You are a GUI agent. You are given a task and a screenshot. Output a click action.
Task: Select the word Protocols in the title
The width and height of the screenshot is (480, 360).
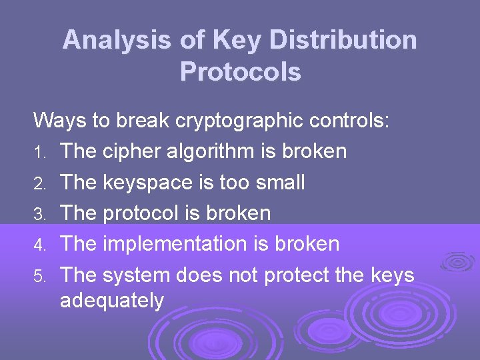[240, 71]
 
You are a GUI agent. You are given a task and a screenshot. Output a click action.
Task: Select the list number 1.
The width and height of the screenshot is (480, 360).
[40, 153]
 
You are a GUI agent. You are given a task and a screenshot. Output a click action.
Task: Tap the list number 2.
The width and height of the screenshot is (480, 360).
[40, 183]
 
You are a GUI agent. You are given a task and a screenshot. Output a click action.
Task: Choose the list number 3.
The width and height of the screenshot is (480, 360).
[40, 214]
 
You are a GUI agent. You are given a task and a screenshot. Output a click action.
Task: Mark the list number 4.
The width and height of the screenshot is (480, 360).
[40, 245]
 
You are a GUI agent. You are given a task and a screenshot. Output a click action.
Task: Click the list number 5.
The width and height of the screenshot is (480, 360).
[40, 275]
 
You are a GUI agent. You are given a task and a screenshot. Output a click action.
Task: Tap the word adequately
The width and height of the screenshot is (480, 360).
[111, 301]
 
